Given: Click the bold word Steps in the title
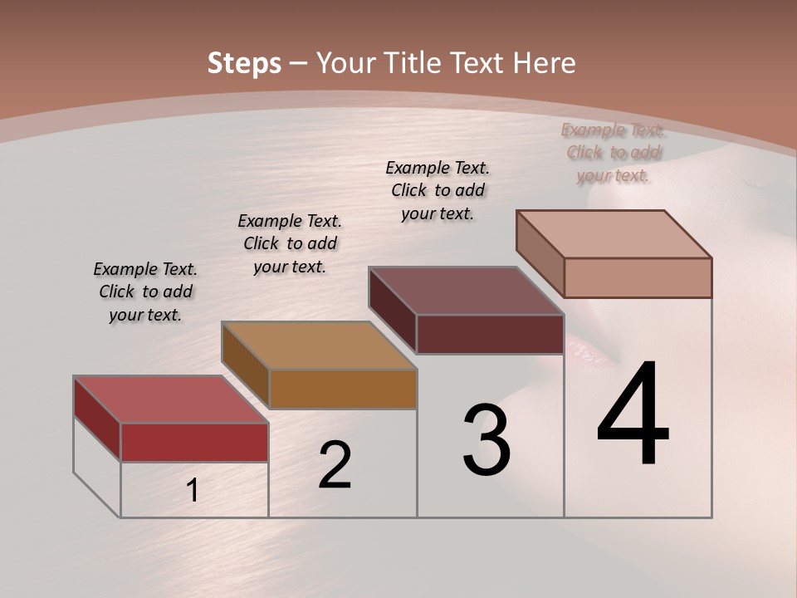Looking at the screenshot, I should click(x=243, y=63).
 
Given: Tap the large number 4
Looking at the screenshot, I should click(x=633, y=414).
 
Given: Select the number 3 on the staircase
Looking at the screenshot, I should click(x=487, y=440).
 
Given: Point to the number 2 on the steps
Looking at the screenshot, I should click(x=335, y=465).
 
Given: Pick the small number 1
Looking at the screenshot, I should click(x=193, y=490).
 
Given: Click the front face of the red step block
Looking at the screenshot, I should click(x=194, y=442).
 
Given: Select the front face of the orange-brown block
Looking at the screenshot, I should click(x=343, y=389).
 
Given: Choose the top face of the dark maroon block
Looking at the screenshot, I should click(x=466, y=291).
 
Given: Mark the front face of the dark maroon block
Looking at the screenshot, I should click(x=490, y=334).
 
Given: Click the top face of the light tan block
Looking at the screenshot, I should click(x=614, y=234).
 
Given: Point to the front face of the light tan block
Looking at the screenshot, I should click(x=638, y=277).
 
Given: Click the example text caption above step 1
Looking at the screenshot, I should click(x=145, y=292).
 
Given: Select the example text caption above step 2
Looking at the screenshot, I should click(x=290, y=243).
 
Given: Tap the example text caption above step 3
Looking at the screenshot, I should click(x=438, y=190).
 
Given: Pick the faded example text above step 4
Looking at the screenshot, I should click(x=613, y=153).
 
